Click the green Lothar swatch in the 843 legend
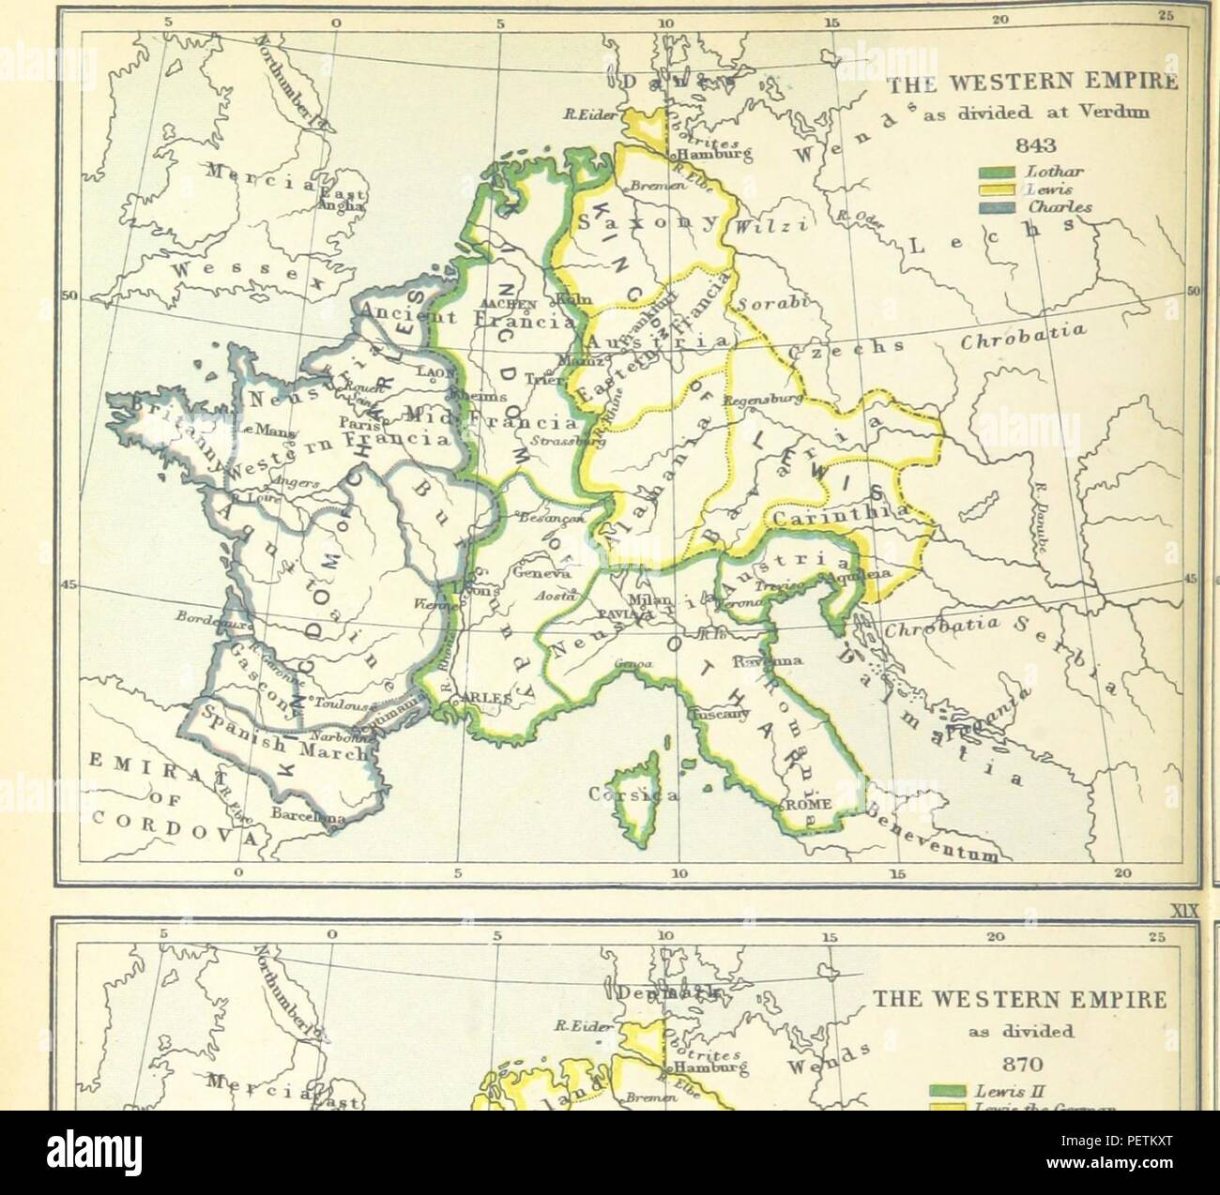(x=997, y=173)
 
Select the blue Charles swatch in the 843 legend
(x=997, y=206)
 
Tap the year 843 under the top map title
(x=1030, y=145)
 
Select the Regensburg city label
(x=757, y=400)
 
